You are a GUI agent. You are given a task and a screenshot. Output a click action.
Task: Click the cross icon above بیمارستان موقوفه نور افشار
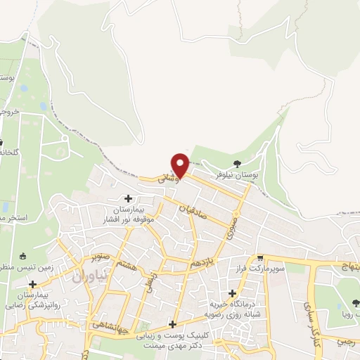128,199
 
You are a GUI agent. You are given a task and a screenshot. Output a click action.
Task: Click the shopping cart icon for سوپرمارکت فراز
260,259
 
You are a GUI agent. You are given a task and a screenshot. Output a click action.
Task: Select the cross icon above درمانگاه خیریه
233,293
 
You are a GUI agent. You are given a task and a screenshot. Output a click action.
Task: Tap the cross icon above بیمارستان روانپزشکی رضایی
33,283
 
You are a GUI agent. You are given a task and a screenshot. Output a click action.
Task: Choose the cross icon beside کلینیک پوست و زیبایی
173,325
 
